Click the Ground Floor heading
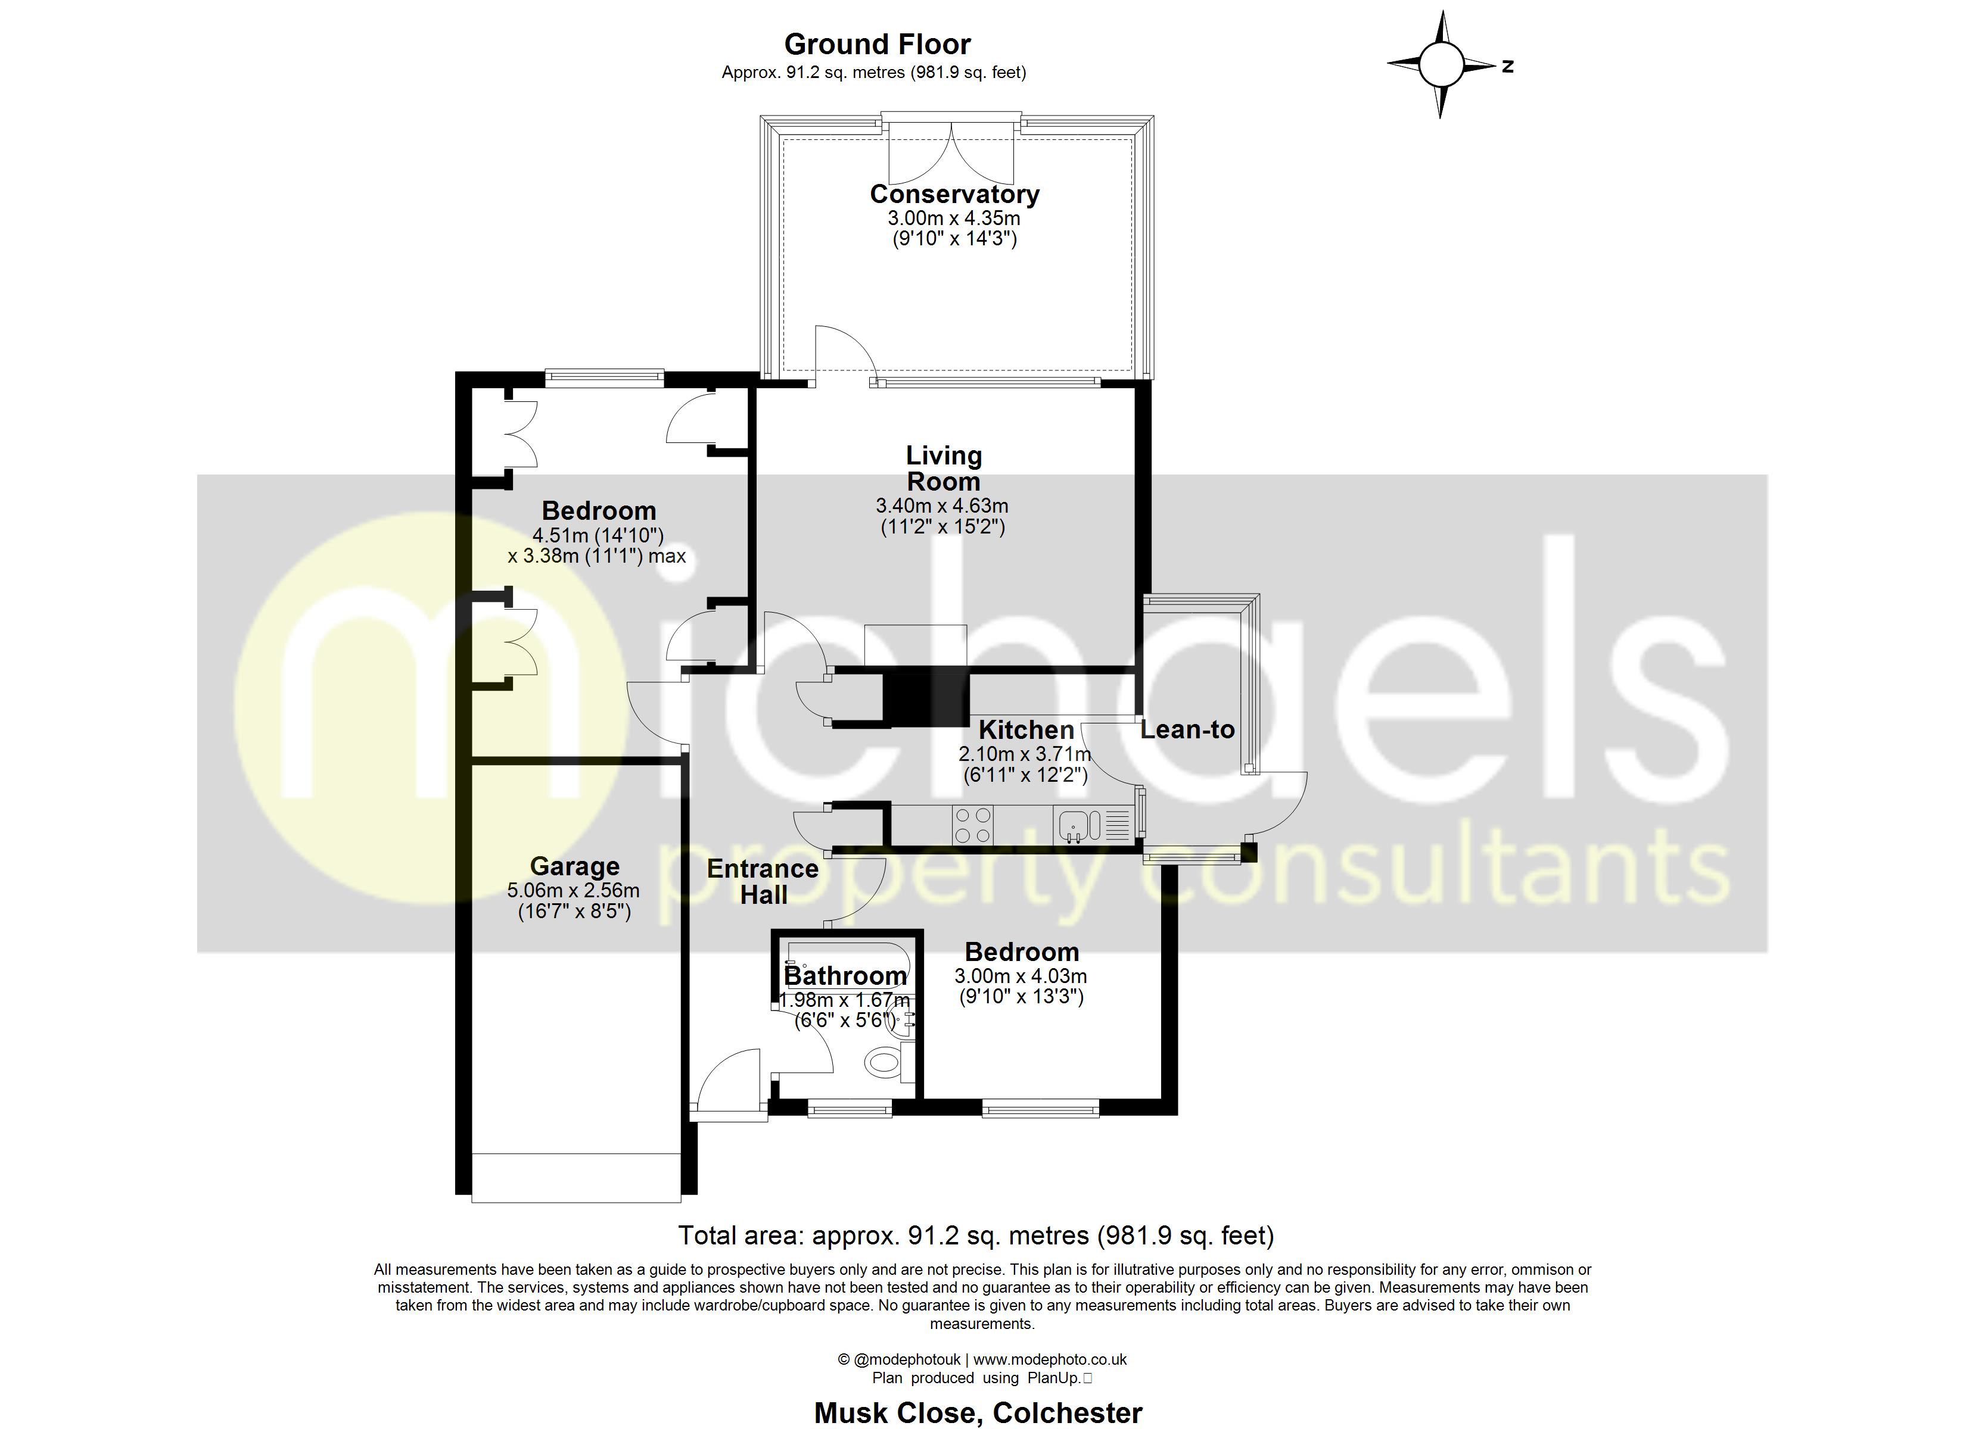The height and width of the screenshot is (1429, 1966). tap(876, 44)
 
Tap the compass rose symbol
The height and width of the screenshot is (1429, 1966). tap(1441, 64)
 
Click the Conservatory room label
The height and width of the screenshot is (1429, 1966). tap(954, 194)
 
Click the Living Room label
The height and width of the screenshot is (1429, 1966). tap(943, 468)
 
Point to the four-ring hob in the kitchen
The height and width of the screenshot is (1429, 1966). tap(972, 825)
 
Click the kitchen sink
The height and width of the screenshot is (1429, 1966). tap(1073, 825)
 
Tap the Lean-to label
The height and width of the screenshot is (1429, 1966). tap(1187, 729)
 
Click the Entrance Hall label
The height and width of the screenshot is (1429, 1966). tap(762, 881)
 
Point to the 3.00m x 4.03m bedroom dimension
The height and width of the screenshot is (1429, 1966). tap(1021, 976)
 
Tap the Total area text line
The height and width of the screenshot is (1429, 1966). tap(975, 1235)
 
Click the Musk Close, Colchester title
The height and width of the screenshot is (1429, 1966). tap(978, 1412)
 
